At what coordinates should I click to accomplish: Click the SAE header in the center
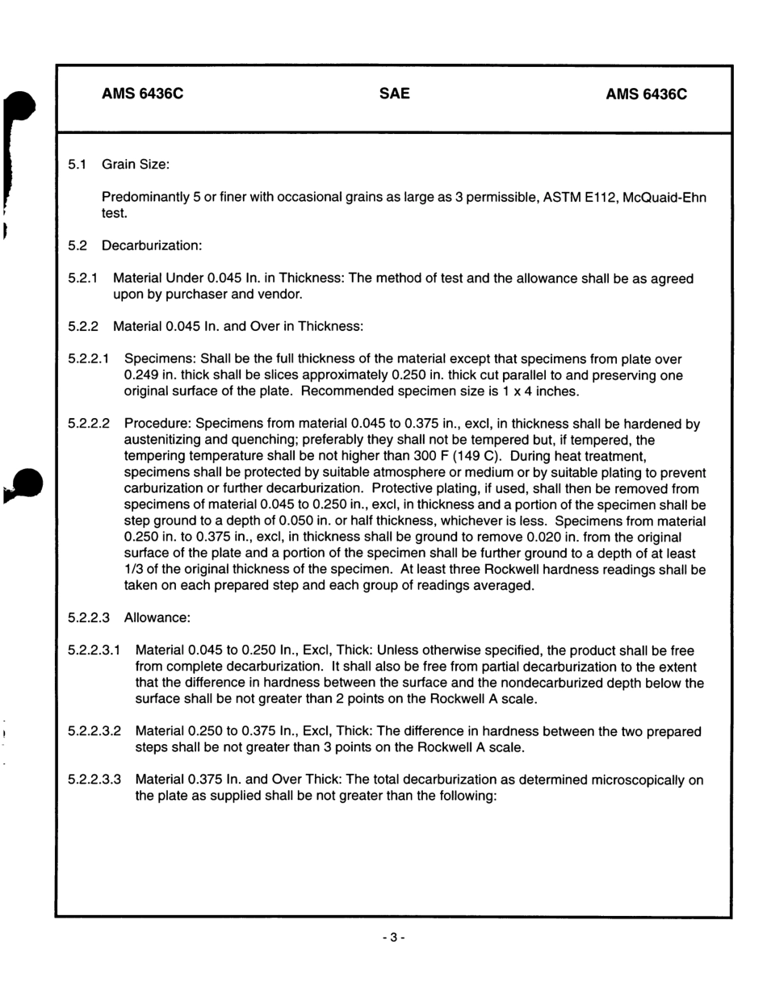pyautogui.click(x=394, y=94)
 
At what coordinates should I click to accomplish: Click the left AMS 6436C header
pyautogui.click(x=142, y=94)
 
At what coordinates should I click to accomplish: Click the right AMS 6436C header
pyautogui.click(x=646, y=94)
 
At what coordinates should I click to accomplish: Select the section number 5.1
pyautogui.click(x=78, y=165)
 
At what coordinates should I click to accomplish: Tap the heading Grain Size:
pyautogui.click(x=135, y=165)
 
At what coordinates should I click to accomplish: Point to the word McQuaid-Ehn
pyautogui.click(x=665, y=198)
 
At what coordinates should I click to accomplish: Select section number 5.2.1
pyautogui.click(x=83, y=278)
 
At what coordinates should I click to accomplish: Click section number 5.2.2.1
pyautogui.click(x=89, y=359)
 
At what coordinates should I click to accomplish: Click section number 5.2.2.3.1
pyautogui.click(x=94, y=650)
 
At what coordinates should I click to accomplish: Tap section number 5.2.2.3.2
pyautogui.click(x=94, y=731)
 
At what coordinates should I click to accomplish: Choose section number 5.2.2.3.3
pyautogui.click(x=94, y=780)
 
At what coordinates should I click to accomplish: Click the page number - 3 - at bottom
pyautogui.click(x=393, y=938)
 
